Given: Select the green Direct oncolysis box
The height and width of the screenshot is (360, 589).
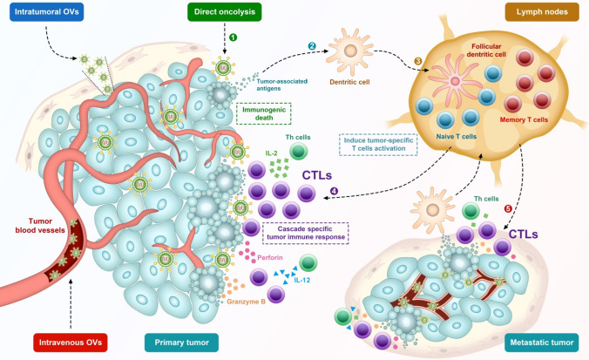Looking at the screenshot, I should (x=225, y=13).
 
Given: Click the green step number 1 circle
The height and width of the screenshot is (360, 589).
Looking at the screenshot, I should (x=233, y=37).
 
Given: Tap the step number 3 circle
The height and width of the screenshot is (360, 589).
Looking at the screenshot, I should (x=417, y=62).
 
